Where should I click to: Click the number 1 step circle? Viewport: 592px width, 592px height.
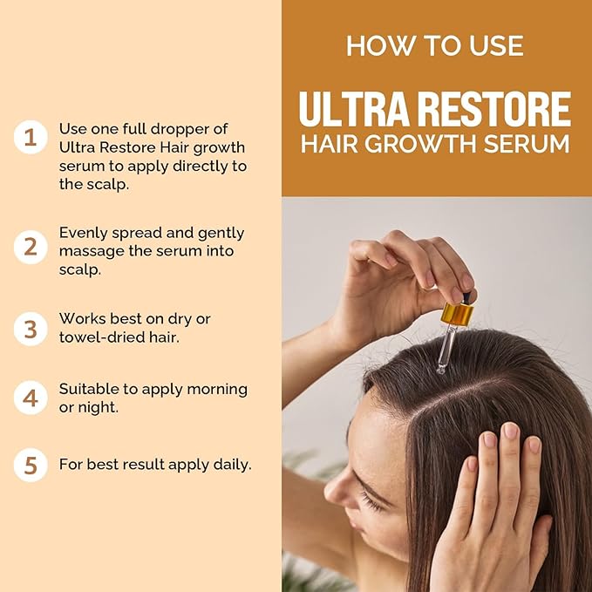(x=31, y=137)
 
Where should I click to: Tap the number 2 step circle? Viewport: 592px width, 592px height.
(x=31, y=248)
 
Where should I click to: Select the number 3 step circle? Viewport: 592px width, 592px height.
(x=31, y=328)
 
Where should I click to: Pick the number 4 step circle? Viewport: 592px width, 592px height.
(x=31, y=398)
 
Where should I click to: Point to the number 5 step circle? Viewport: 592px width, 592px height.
(x=31, y=465)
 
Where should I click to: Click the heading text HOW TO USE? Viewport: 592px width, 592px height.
(x=436, y=45)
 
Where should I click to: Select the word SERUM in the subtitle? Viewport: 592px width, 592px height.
(x=529, y=144)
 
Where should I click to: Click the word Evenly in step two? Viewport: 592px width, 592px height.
(x=83, y=233)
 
